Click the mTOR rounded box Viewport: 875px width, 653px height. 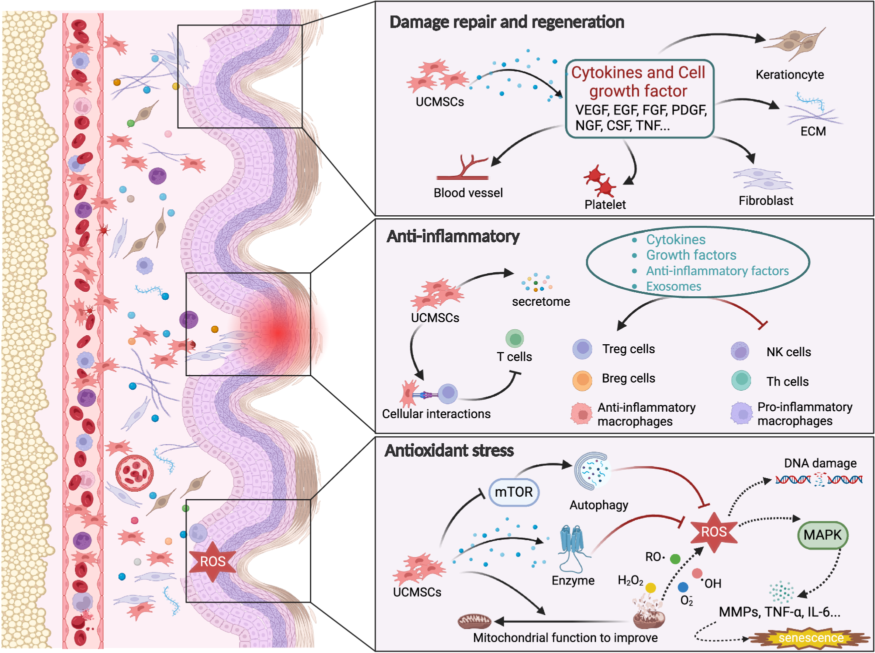click(513, 492)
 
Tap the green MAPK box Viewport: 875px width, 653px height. click(822, 535)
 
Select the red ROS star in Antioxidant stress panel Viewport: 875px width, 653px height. click(714, 532)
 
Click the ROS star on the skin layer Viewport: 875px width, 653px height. click(212, 562)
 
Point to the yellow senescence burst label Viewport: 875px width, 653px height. click(810, 638)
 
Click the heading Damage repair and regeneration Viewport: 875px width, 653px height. click(506, 22)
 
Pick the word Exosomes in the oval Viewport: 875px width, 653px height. click(673, 286)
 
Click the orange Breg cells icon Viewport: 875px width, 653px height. click(582, 380)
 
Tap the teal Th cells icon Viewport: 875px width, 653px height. click(741, 380)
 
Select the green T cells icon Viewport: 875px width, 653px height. click(514, 339)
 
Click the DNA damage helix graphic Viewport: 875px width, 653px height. click(818, 480)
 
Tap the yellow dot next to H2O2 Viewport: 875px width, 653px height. click(650, 588)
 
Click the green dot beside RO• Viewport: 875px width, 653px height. click(675, 559)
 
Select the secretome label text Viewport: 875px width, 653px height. click(540, 301)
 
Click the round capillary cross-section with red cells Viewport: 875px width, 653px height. click(134, 473)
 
